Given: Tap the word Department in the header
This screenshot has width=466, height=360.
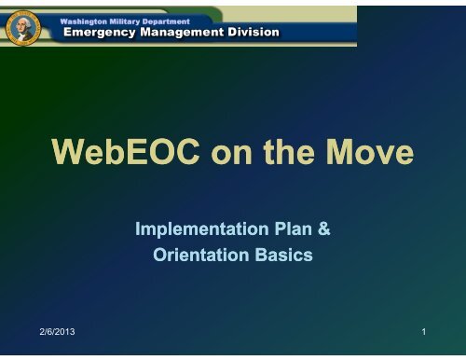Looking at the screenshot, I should pos(195,20).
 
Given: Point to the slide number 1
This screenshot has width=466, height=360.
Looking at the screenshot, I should pos(422,331).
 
